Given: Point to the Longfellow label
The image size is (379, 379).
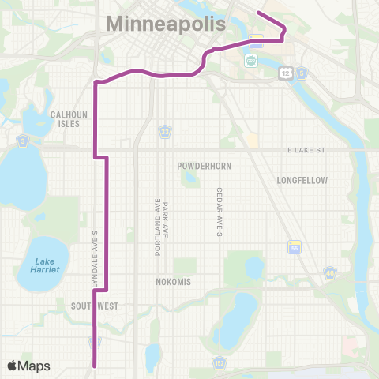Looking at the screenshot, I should (x=302, y=180).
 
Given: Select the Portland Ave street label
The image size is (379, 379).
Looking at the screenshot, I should (x=157, y=227).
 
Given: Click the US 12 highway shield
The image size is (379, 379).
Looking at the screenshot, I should (x=283, y=73).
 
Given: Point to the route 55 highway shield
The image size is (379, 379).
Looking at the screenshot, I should (x=295, y=247).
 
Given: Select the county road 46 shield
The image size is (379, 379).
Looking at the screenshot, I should (x=331, y=274).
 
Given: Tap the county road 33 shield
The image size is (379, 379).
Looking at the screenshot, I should (x=165, y=130).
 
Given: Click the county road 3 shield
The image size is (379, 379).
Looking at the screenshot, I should (x=24, y=141).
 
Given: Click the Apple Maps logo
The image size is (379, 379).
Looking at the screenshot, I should (x=28, y=366).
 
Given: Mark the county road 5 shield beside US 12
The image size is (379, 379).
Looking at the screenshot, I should (x=302, y=73).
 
